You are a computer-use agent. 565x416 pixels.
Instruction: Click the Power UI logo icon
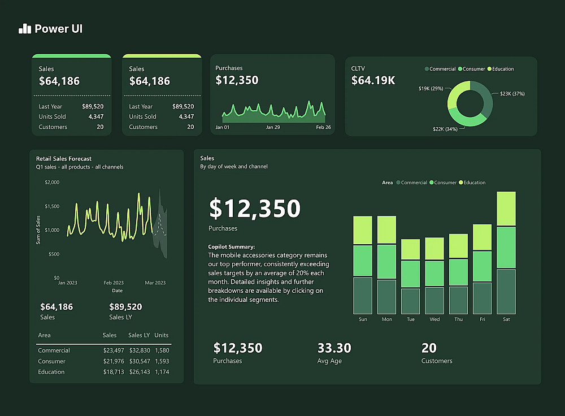pos(25,29)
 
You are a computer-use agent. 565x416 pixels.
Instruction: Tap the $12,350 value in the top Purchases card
pos(237,80)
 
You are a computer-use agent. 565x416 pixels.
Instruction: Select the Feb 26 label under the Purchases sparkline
pos(323,127)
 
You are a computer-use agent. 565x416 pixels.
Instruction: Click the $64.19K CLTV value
pos(373,81)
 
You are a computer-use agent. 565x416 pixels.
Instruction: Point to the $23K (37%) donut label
pos(512,94)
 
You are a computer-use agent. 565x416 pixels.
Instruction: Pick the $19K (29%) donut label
pos(431,89)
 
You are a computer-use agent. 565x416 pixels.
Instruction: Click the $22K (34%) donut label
pos(445,129)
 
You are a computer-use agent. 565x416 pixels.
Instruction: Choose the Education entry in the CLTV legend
pos(502,69)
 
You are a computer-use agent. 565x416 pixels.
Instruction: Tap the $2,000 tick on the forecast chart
pos(51,183)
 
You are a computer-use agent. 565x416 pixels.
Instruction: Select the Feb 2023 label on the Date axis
pos(114,283)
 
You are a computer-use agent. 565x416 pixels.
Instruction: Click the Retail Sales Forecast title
pos(63,159)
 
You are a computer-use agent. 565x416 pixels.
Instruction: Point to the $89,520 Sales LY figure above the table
pos(125,307)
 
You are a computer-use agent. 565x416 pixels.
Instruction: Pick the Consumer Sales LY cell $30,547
pos(139,361)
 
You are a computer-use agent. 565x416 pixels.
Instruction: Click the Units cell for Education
pos(162,372)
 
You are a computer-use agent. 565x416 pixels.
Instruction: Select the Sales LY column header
pos(139,335)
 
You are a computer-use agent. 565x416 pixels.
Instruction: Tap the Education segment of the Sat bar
pos(506,209)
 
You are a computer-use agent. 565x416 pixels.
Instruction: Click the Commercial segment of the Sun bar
pos(363,296)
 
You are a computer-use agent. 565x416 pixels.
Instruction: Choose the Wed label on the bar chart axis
pos(434,319)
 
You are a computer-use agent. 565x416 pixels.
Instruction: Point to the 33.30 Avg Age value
pos(334,348)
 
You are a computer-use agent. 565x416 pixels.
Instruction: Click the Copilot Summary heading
pos(231,247)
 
